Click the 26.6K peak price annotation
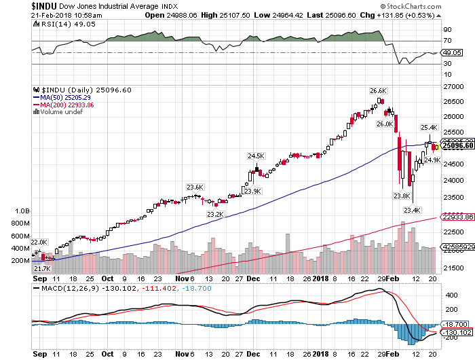[x=378, y=90]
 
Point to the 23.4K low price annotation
[x=413, y=210]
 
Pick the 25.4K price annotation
[x=429, y=127]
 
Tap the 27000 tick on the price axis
[x=453, y=87]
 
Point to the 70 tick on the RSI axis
[x=448, y=41]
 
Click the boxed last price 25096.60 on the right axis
[x=457, y=145]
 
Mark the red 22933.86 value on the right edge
[x=457, y=217]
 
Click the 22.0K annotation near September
[x=39, y=242]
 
